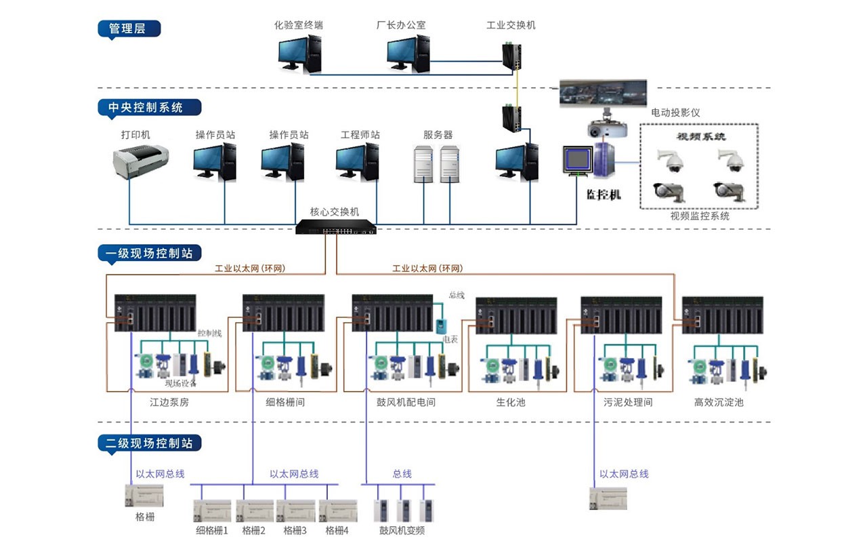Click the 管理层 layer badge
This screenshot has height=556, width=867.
click(x=129, y=28)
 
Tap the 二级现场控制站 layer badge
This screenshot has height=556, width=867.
click(x=150, y=443)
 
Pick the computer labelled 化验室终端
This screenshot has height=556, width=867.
click(x=299, y=54)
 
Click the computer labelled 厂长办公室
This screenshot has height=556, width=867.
click(x=408, y=54)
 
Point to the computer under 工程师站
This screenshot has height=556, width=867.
click(x=357, y=163)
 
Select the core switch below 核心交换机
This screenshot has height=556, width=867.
click(x=336, y=229)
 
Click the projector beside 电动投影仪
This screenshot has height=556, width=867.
click(x=604, y=129)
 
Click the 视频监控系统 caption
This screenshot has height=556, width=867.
click(x=700, y=216)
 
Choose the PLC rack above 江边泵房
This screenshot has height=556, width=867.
click(x=155, y=313)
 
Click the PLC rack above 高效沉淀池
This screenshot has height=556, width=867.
click(x=722, y=314)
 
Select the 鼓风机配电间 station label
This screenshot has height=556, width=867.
click(x=406, y=402)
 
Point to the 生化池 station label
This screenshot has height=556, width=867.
click(x=510, y=402)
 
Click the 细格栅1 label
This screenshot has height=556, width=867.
click(x=212, y=530)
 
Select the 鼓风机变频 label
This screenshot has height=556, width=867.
click(x=402, y=530)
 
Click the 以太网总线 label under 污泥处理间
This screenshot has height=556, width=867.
click(x=624, y=474)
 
